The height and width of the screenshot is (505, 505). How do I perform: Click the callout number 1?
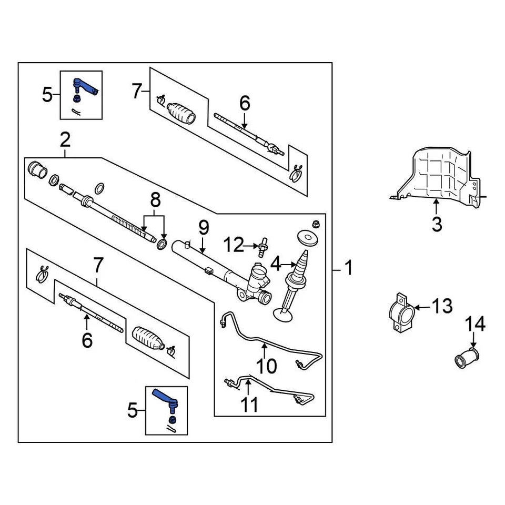click(x=348, y=269)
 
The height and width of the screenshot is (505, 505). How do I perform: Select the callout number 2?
click(x=65, y=140)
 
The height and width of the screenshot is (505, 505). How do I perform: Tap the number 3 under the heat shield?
click(x=437, y=224)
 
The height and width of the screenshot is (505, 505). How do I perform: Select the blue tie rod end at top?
click(x=86, y=86)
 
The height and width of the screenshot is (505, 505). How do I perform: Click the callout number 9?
click(x=204, y=228)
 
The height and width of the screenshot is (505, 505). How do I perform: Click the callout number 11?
click(x=250, y=405)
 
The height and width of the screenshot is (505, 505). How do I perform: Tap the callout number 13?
click(x=442, y=306)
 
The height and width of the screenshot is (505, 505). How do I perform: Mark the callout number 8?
click(x=154, y=201)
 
